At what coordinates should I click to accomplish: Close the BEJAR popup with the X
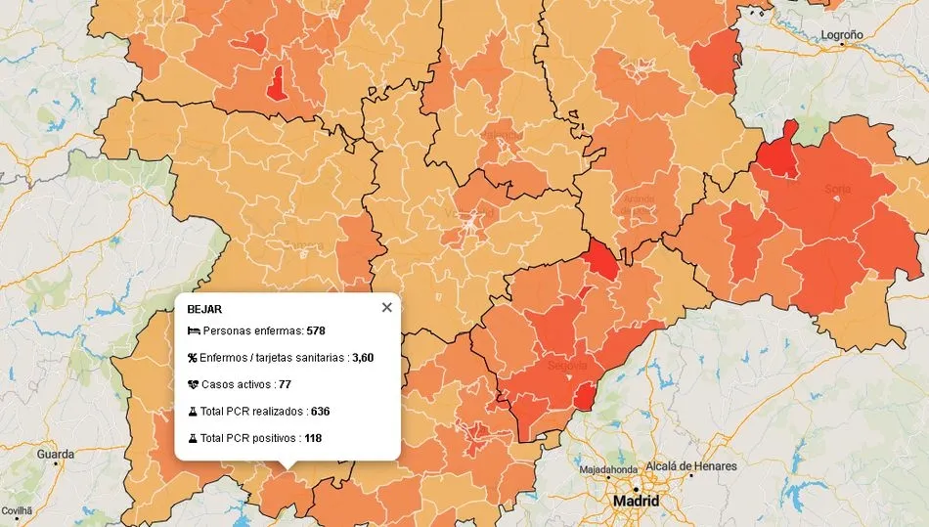386,307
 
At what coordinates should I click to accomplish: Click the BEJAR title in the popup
203,309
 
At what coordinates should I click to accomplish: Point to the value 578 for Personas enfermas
316,330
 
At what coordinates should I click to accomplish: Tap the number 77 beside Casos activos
286,384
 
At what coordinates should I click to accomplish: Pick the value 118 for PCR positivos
313,438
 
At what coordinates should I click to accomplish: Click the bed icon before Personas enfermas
193,330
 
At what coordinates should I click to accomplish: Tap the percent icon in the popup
193,358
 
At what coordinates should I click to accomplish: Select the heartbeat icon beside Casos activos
193,384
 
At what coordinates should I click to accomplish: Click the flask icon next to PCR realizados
193,412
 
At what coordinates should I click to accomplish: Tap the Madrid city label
636,502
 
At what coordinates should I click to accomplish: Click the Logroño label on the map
842,34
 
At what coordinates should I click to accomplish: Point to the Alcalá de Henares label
689,466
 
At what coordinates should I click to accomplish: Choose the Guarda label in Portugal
55,455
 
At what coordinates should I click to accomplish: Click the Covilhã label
17,511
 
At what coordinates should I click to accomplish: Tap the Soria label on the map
837,189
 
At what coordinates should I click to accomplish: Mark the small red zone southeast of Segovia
583,396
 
